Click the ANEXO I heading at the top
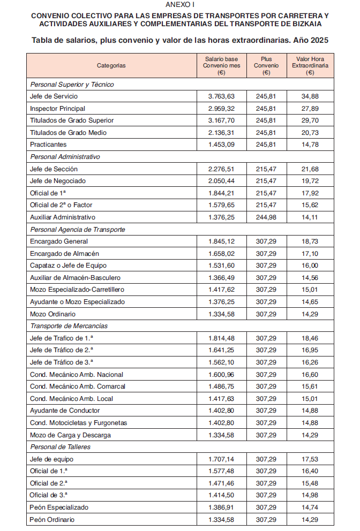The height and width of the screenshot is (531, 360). coord(180,4)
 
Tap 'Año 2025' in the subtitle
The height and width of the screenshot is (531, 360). coord(309,40)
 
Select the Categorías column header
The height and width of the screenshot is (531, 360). coord(111,65)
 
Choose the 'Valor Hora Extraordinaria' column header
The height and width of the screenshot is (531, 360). coord(310,65)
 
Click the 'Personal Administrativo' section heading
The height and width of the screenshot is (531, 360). coord(65,157)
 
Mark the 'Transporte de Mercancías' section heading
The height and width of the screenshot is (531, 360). coord(69,326)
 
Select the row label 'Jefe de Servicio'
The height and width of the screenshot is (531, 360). coord(54,96)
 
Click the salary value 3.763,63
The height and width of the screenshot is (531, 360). coord(221,96)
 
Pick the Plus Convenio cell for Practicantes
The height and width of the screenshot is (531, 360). coord(266,145)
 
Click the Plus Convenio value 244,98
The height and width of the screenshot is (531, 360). coord(266,217)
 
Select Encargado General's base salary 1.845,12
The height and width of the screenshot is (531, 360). coord(221,241)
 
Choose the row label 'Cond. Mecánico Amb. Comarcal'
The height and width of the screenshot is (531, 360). coord(78,386)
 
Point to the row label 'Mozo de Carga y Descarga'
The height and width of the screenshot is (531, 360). coord(71,435)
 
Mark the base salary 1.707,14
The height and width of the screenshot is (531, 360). coord(221,459)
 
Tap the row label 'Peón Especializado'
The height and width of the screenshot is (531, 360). coord(59,507)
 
